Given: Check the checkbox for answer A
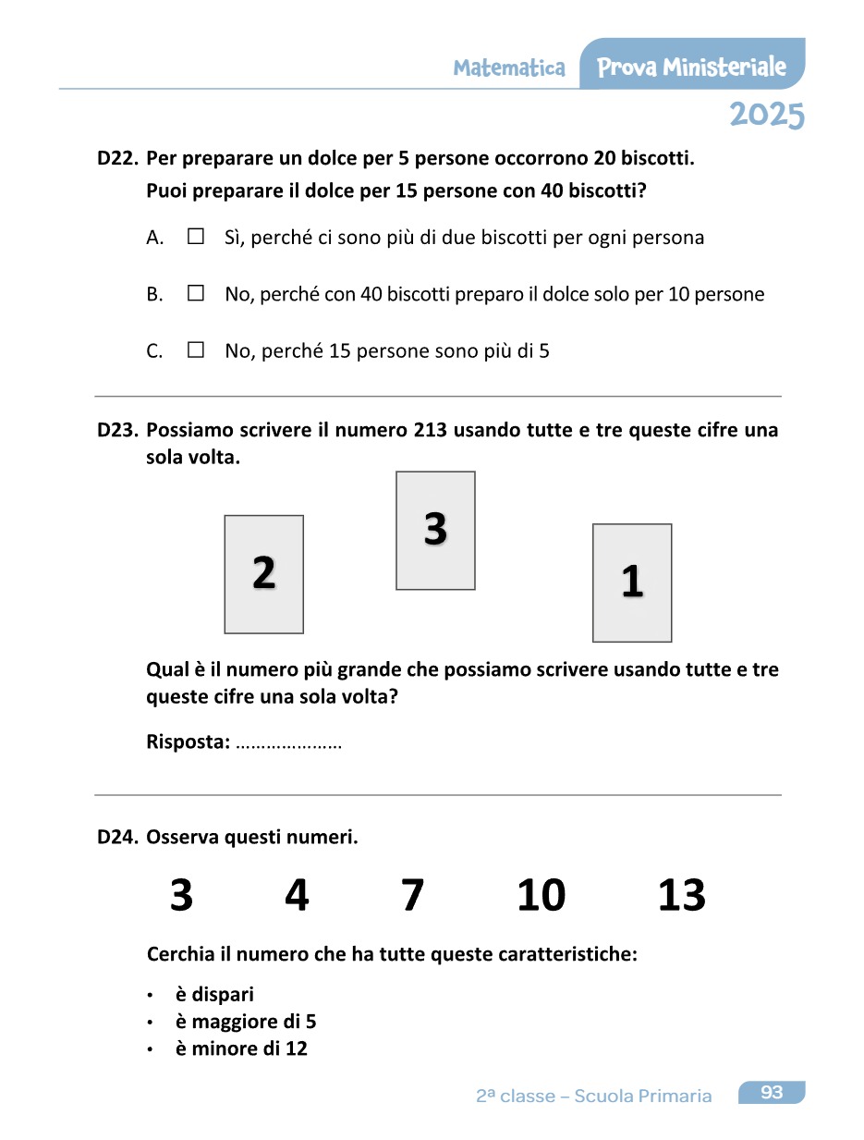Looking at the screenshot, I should (195, 237).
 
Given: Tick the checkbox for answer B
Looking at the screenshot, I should (195, 294).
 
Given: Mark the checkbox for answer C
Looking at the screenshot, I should (195, 350).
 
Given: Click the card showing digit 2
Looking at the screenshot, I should (264, 574).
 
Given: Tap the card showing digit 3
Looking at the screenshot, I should (435, 531).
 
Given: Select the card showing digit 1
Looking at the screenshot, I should (632, 582).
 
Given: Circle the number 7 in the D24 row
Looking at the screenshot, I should (413, 896).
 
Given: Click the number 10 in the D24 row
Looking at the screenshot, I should (542, 896).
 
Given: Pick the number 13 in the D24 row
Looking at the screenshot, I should (682, 896).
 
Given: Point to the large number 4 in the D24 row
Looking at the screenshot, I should (297, 896).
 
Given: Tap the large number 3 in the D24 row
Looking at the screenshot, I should (182, 896).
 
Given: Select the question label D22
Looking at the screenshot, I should (117, 158).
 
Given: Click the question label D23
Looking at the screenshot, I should (117, 430).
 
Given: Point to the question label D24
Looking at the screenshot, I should (117, 838).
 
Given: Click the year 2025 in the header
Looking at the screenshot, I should (766, 116).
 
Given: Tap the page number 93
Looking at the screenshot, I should (772, 1093).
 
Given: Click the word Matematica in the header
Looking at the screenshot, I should (509, 68).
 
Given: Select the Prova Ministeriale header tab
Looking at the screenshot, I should (692, 67).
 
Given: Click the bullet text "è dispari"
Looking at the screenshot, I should (214, 995).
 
